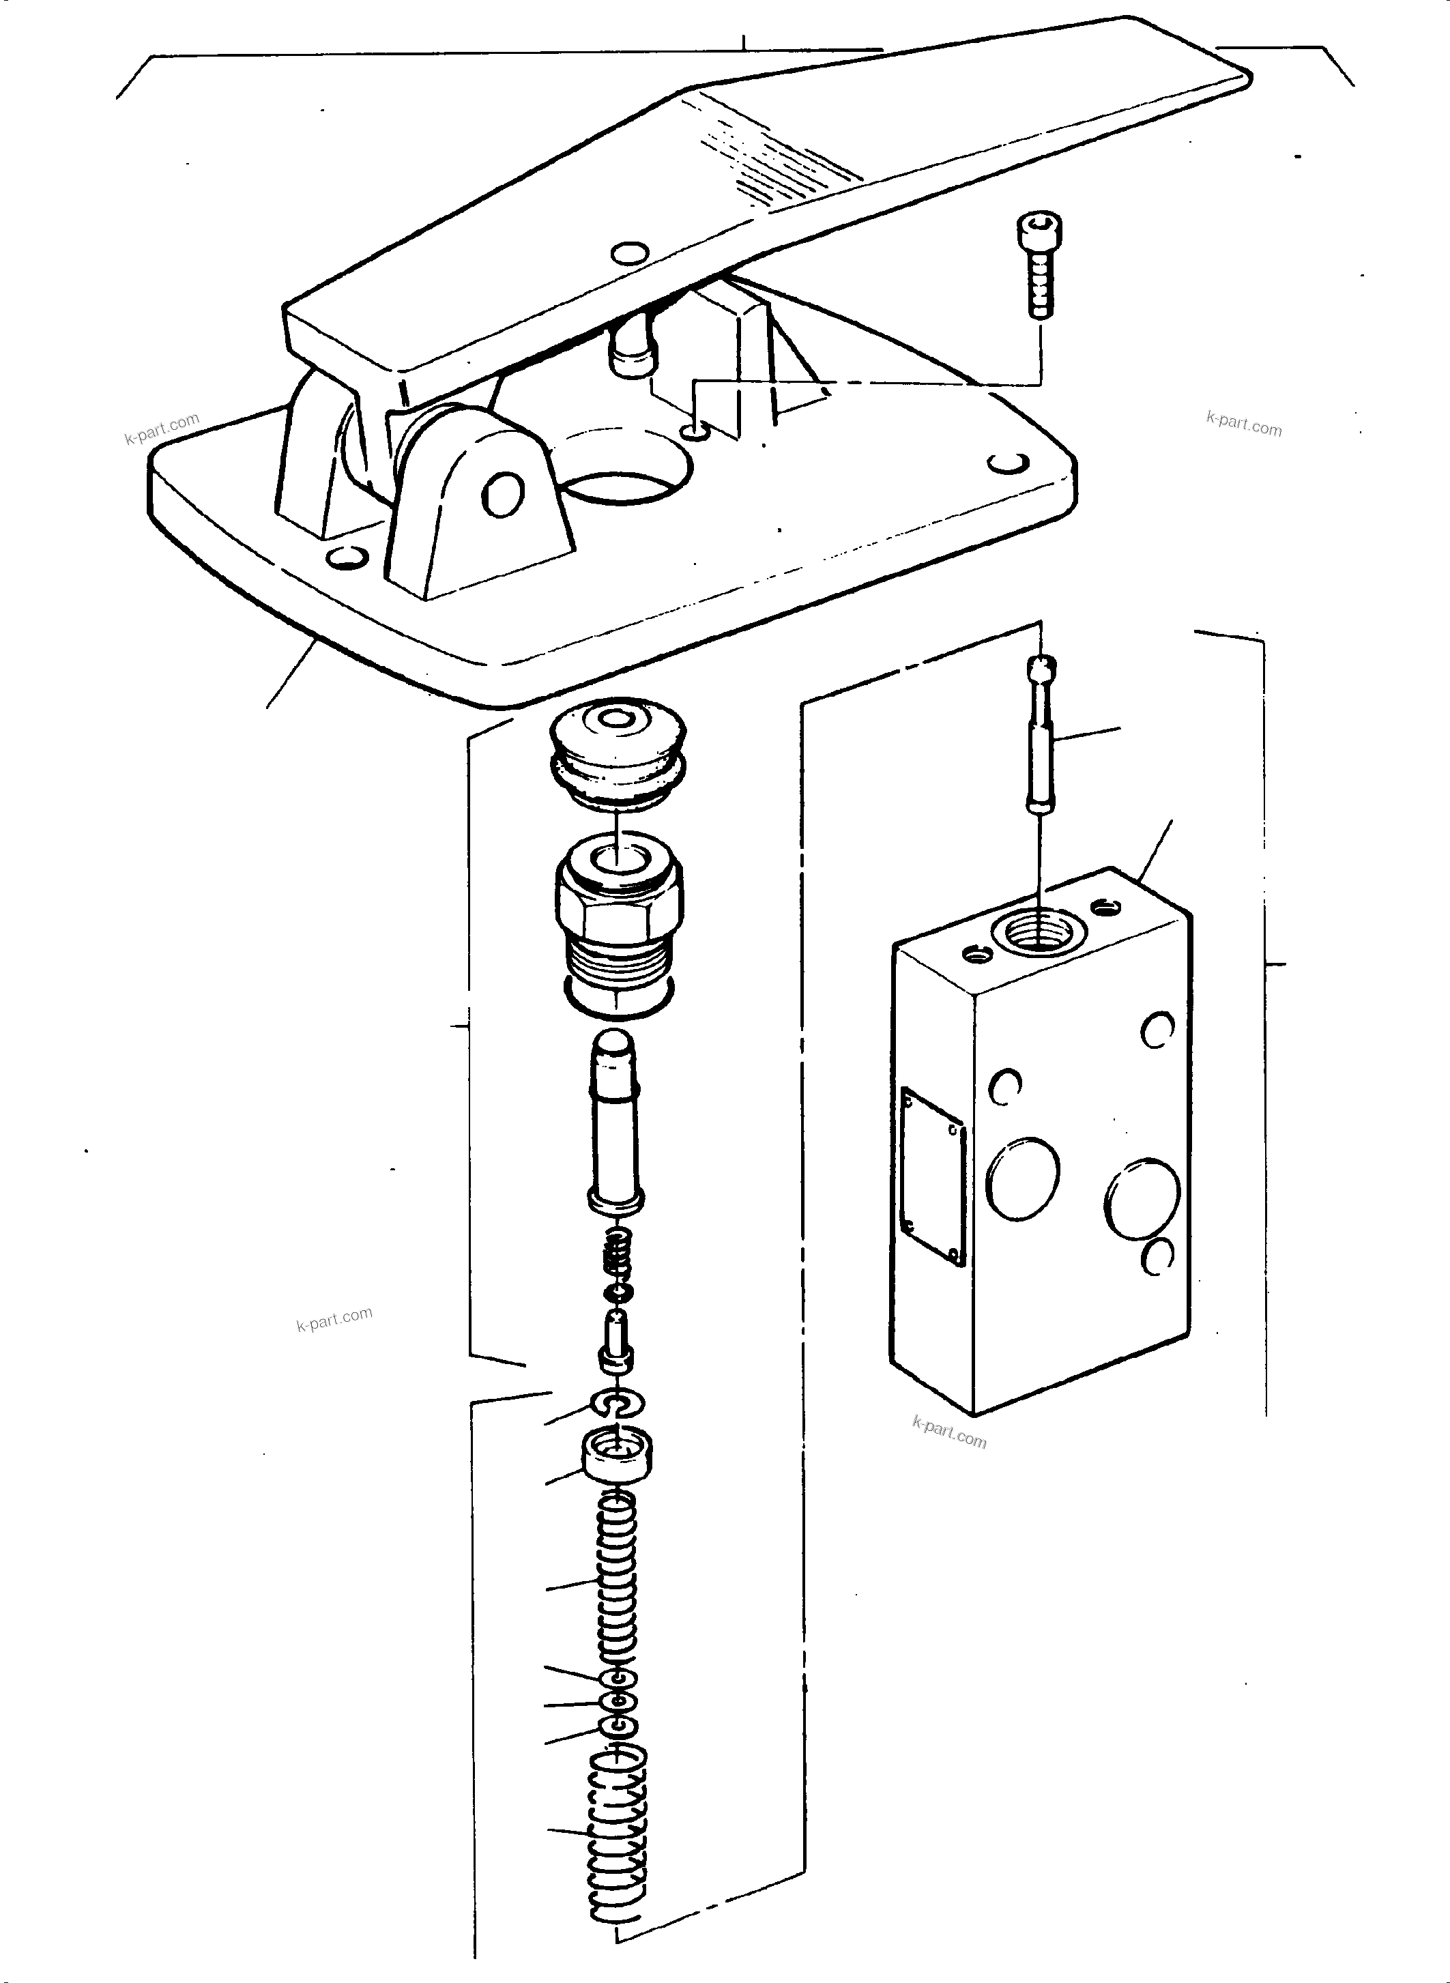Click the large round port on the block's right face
(1142, 1198)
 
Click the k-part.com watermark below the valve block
(949, 1432)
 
